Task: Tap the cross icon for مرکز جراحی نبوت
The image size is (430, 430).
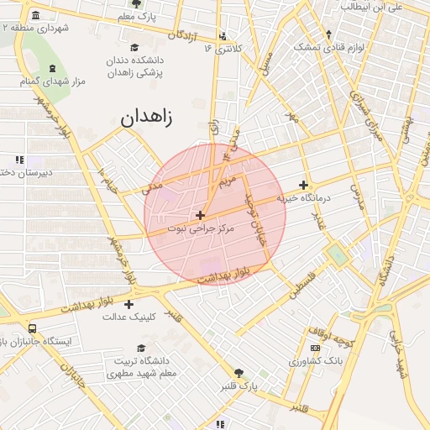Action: click(200, 216)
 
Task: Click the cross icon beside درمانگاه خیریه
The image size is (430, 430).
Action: click(304, 186)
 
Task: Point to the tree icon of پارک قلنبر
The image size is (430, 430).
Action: click(240, 373)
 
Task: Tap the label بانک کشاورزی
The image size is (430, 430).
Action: click(312, 361)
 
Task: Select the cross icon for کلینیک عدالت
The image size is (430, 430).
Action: click(128, 304)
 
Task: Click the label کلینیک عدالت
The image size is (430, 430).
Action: click(128, 317)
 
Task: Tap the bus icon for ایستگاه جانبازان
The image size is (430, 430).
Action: click(32, 329)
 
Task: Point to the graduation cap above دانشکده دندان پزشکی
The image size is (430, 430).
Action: click(134, 48)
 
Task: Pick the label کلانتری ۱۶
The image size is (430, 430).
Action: click(223, 49)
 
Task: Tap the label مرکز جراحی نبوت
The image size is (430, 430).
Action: click(200, 228)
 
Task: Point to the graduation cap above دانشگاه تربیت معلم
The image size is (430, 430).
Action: click(141, 348)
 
